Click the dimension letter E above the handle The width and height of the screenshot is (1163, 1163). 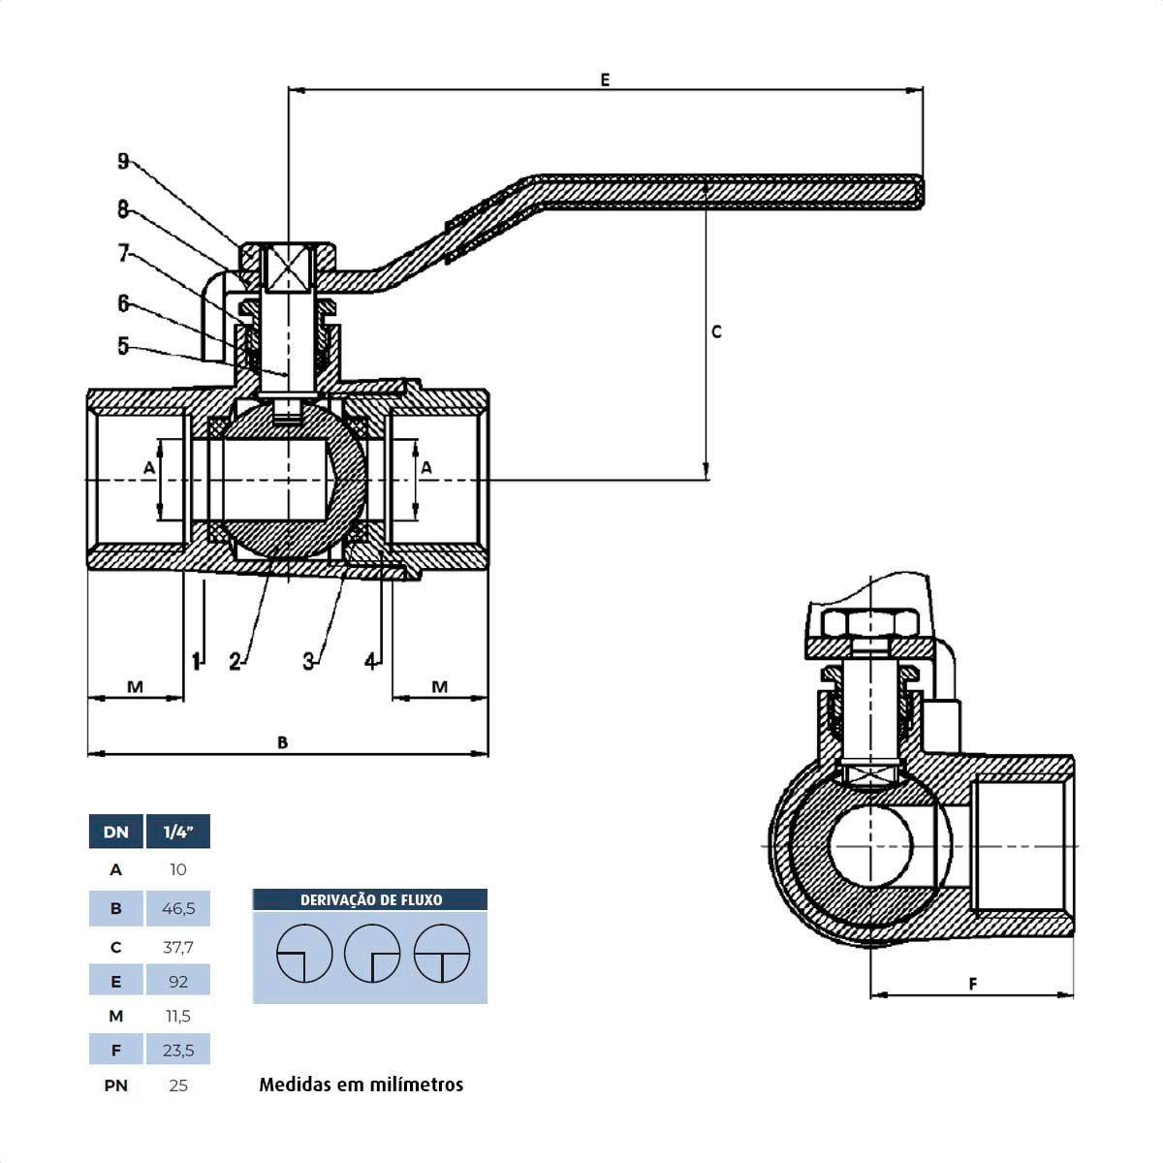coord(605,79)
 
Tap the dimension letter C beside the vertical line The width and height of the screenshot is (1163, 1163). coord(716,331)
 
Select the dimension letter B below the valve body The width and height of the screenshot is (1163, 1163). coord(282,742)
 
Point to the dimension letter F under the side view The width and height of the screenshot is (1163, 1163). coord(973,984)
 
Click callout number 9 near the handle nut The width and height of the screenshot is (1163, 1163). coord(123,161)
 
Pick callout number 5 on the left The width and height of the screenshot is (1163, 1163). coord(123,346)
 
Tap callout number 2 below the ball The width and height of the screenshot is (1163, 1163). coord(235,662)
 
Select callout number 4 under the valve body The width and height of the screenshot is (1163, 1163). coord(370,661)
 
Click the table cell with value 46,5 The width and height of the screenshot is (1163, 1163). coord(178,909)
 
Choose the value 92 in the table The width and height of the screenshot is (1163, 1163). coord(178,981)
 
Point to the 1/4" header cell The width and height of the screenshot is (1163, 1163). coord(178,832)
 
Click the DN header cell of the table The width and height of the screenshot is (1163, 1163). coord(115,832)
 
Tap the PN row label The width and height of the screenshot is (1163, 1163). coord(115,1085)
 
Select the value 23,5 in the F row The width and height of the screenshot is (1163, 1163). coord(178,1050)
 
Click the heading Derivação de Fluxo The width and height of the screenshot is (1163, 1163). coord(370,899)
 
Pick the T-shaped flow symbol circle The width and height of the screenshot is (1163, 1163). coord(442,954)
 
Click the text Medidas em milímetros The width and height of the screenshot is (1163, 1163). coord(361,1084)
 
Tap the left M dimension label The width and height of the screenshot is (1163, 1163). coord(135,687)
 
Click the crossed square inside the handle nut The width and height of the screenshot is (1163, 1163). coord(289,266)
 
